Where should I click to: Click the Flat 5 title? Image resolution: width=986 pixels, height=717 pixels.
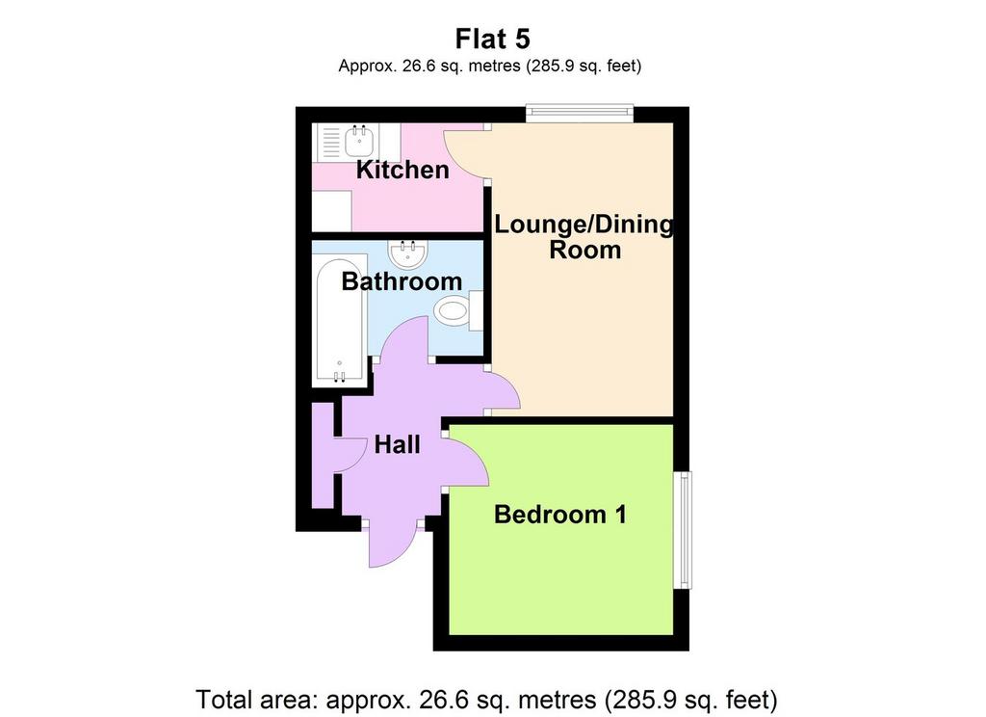point(492,39)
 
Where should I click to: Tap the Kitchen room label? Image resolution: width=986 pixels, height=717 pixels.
point(402,170)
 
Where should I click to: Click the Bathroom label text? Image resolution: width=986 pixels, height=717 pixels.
point(402,281)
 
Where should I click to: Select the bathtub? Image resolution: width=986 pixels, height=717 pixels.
point(340,320)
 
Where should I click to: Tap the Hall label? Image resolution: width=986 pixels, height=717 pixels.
point(397,445)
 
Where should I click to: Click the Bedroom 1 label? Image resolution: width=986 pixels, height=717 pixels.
point(560,515)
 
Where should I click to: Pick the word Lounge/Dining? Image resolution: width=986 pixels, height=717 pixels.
point(583,225)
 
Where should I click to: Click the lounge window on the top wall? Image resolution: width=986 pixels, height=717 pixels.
point(579,113)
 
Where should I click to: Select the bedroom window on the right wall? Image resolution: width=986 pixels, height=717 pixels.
point(683,529)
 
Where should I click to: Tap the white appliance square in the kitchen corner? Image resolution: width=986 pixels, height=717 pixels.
point(332,211)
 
